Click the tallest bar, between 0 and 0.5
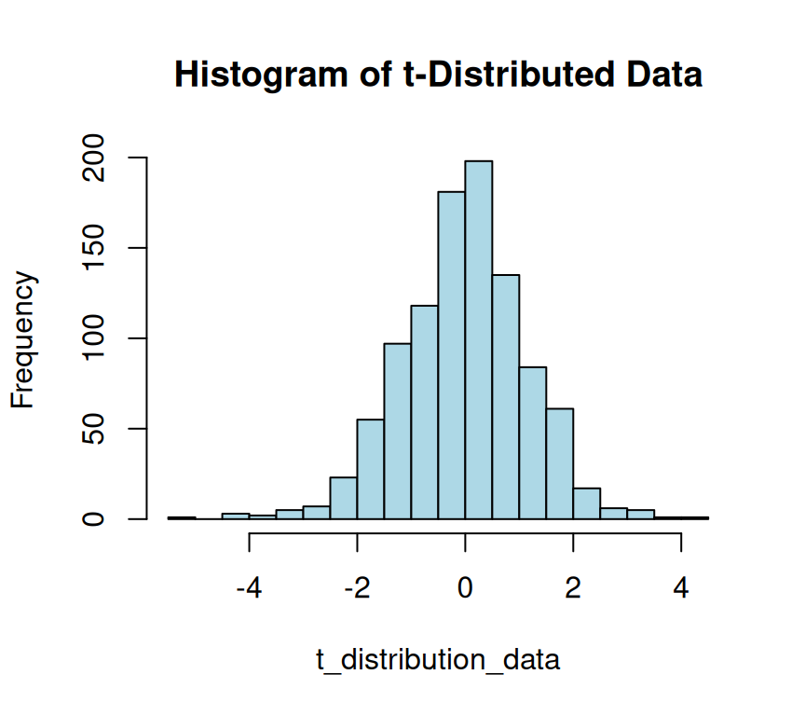pos(479,340)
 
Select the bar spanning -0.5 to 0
pos(452,355)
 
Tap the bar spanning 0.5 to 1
pos(506,397)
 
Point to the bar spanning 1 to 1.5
pos(533,443)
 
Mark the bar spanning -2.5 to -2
pos(344,498)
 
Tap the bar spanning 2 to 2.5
pos(587,503)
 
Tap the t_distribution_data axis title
pos(438,660)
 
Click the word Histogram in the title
pos(244,75)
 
